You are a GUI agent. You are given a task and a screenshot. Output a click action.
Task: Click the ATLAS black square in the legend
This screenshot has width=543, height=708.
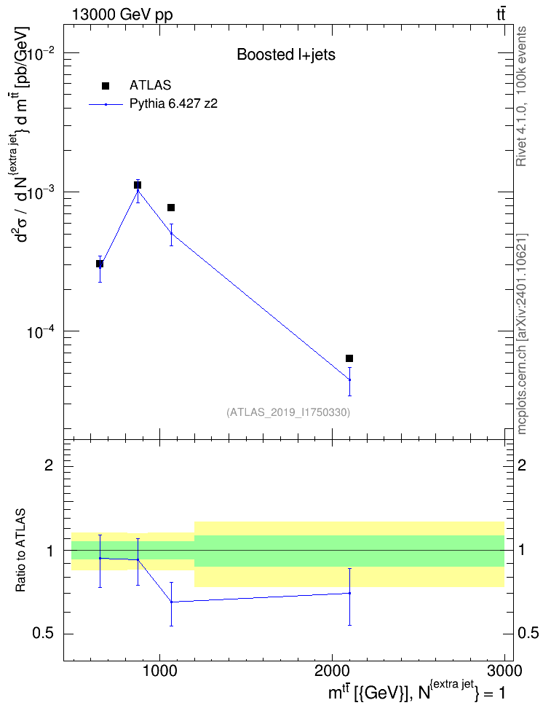(x=106, y=86)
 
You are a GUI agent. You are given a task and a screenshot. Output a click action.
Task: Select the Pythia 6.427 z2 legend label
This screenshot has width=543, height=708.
(x=173, y=104)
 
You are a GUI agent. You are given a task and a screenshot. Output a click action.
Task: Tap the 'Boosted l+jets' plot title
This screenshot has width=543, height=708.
(x=286, y=55)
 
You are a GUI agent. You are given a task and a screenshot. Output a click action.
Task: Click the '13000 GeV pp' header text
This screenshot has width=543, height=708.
(x=122, y=15)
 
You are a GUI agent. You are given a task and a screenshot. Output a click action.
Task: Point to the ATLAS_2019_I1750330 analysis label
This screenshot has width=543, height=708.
(x=288, y=412)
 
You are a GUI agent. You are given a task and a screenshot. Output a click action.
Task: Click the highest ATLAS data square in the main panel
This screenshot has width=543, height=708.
(x=138, y=185)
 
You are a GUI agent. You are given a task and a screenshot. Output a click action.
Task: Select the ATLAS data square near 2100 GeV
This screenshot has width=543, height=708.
(x=349, y=358)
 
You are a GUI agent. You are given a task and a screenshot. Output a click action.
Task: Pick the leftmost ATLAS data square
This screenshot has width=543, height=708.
(x=100, y=264)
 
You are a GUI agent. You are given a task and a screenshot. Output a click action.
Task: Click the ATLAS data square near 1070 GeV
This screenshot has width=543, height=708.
(x=171, y=208)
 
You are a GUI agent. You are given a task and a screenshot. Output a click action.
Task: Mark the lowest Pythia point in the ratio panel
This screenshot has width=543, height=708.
(x=172, y=602)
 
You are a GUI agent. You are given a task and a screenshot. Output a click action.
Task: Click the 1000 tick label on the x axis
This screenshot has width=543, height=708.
(x=159, y=671)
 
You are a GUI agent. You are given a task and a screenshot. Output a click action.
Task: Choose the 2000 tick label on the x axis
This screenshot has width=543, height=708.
(x=332, y=671)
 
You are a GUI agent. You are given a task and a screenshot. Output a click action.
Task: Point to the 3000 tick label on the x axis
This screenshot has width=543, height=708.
(x=505, y=671)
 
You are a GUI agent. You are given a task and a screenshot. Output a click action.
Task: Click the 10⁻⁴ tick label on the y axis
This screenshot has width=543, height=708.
(x=41, y=332)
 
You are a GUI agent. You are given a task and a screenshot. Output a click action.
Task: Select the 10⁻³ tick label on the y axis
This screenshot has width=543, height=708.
(x=41, y=193)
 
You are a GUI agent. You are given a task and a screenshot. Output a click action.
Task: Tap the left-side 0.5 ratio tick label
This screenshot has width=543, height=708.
(x=44, y=633)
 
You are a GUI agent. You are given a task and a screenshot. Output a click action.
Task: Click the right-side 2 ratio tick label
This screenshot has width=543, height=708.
(x=522, y=465)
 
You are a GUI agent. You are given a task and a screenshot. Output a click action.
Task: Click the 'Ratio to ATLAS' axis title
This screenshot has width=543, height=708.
(x=21, y=550)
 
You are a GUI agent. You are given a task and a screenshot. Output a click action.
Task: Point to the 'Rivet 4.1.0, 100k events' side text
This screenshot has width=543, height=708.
(x=521, y=96)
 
